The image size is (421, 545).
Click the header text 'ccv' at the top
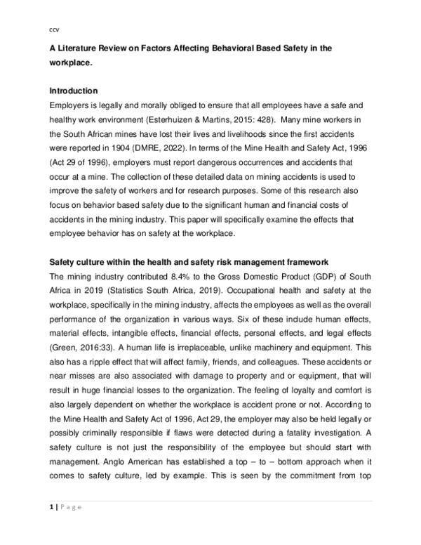pos(53,29)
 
